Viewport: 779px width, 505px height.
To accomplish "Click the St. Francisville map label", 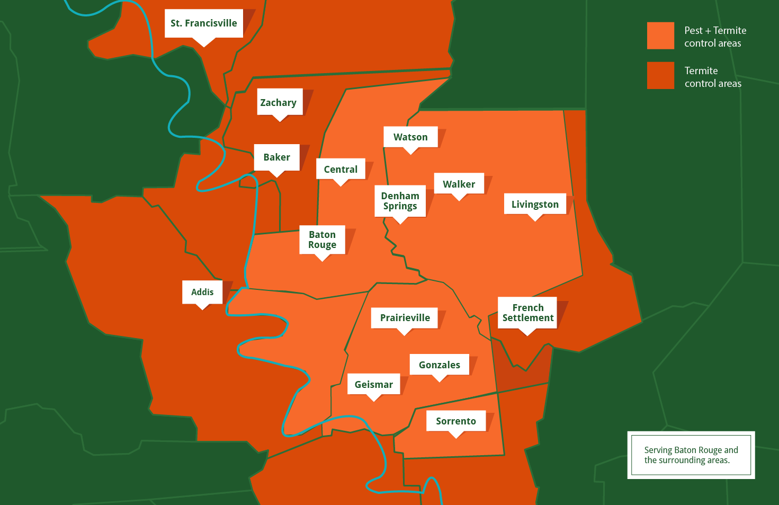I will pyautogui.click(x=204, y=23).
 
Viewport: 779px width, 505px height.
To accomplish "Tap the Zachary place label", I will pyautogui.click(x=279, y=102).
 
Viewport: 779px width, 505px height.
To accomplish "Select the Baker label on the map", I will pyautogui.click(x=276, y=157).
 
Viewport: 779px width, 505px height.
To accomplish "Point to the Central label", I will pyautogui.click(x=341, y=170).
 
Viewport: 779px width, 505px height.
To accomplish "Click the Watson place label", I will pyautogui.click(x=410, y=137).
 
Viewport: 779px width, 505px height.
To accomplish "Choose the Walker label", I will pyautogui.click(x=459, y=184).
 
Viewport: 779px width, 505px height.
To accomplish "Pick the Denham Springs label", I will pyautogui.click(x=400, y=201).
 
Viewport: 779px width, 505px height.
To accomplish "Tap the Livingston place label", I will pyautogui.click(x=535, y=205).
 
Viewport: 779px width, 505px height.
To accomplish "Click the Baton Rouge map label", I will pyautogui.click(x=322, y=240).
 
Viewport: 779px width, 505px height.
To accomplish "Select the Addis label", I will pyautogui.click(x=202, y=292).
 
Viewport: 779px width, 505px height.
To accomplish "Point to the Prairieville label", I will pyautogui.click(x=405, y=318).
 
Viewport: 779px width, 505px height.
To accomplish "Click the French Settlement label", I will pyautogui.click(x=527, y=313).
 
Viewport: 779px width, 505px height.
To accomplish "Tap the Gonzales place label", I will pyautogui.click(x=439, y=365).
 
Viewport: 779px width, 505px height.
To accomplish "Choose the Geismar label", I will pyautogui.click(x=373, y=385).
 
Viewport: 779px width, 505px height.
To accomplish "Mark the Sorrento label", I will pyautogui.click(x=455, y=421).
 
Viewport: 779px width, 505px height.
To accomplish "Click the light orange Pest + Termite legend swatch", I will pyautogui.click(x=660, y=36).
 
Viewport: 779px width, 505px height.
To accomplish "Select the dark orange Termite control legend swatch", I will pyautogui.click(x=660, y=76).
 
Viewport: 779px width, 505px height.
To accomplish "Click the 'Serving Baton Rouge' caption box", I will pyautogui.click(x=691, y=455).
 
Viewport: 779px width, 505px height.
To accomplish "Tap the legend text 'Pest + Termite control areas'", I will pyautogui.click(x=715, y=37).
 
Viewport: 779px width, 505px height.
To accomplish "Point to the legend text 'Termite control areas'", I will pyautogui.click(x=713, y=77).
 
